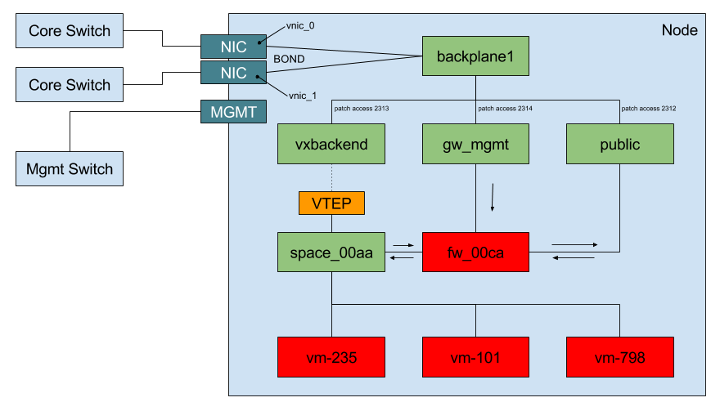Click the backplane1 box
[x=475, y=56]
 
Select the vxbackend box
[x=331, y=144]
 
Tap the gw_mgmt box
[x=475, y=144]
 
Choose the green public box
[x=619, y=144]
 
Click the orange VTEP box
[x=331, y=203]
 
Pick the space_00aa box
[x=331, y=252]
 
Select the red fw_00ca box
[x=475, y=252]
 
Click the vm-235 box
[x=331, y=357]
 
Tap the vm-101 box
[x=475, y=357]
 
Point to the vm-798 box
[x=619, y=357]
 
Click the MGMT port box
[x=234, y=112]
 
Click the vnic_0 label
[x=300, y=26]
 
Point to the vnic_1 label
[x=303, y=96]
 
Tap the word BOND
[x=289, y=60]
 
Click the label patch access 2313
[x=361, y=109]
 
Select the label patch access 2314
[x=505, y=109]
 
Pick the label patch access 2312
[x=649, y=109]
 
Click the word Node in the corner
[x=679, y=30]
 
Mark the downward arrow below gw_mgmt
[x=493, y=197]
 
